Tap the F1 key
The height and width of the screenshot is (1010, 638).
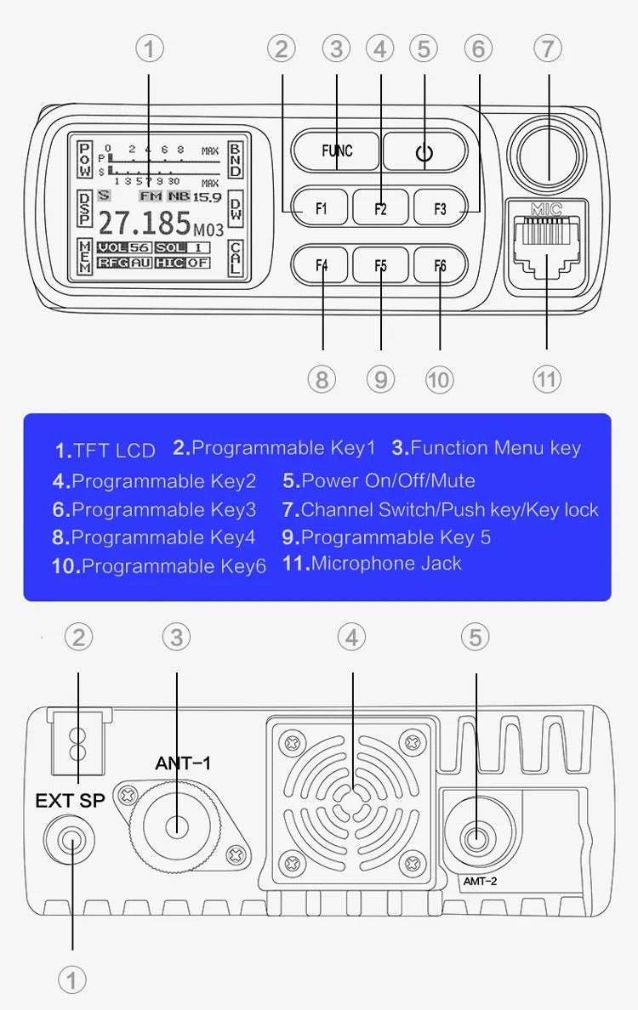[321, 207]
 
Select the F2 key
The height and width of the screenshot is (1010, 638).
[380, 207]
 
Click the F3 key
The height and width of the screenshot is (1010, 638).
[440, 207]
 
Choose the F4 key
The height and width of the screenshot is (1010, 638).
[321, 264]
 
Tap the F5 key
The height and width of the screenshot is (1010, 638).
[380, 264]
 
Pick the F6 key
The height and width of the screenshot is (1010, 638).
[440, 264]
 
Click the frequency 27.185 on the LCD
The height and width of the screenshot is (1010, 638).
[145, 224]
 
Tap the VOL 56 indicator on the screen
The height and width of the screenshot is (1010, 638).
[123, 247]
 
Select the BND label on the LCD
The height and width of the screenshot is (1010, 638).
[236, 159]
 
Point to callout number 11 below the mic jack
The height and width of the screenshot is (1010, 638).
[546, 379]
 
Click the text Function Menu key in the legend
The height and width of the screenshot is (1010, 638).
[495, 448]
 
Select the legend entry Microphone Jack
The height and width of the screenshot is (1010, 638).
[386, 563]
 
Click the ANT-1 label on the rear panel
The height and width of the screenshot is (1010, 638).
[182, 763]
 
